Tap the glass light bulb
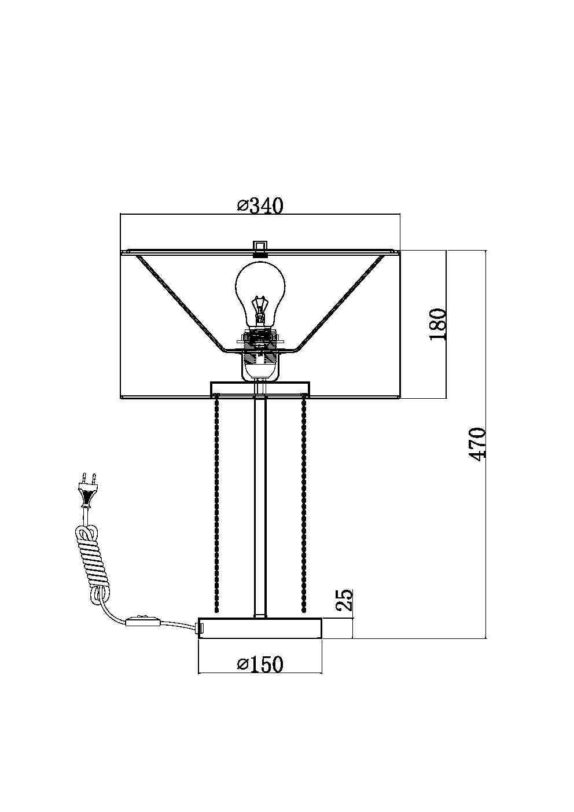click(260, 295)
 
